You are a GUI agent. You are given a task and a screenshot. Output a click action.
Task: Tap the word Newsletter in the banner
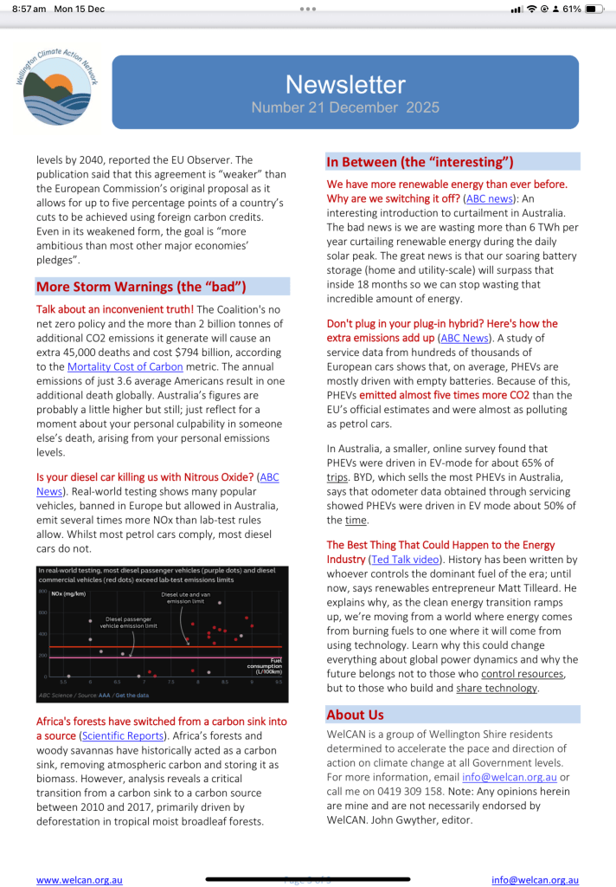tap(345, 84)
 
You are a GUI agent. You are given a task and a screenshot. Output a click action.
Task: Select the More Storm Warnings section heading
tap(141, 287)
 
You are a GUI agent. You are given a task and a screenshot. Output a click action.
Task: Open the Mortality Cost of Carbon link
tap(125, 366)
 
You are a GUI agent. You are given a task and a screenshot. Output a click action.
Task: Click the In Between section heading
tap(420, 162)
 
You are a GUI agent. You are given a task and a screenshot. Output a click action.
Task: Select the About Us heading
tap(355, 715)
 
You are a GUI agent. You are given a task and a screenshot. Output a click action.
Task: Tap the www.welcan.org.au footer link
tap(80, 879)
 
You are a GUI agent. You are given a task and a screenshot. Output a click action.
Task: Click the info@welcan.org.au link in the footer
tap(535, 879)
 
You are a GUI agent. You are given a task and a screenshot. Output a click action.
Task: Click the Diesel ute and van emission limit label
tap(186, 599)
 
